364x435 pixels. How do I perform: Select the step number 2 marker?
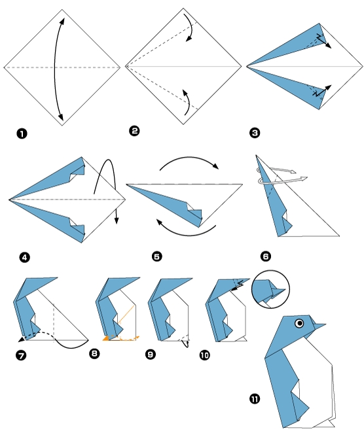134,131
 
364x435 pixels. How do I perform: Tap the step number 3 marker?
255,133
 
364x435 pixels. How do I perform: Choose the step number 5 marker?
156,256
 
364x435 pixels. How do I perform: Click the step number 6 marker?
265,256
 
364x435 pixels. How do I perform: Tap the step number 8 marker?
95,354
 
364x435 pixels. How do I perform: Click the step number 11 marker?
255,398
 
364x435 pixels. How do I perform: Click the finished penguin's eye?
300,322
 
